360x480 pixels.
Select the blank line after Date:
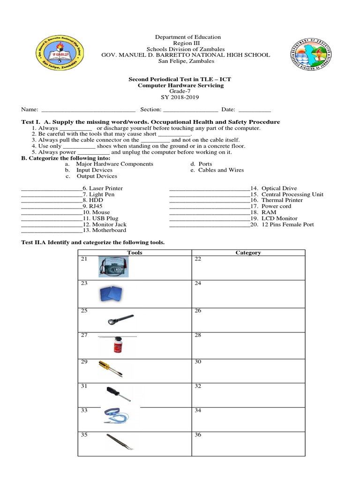point(255,110)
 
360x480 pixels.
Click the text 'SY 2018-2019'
point(180,97)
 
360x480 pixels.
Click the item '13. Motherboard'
point(104,231)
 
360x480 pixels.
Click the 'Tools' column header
point(135,253)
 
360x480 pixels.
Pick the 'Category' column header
point(248,253)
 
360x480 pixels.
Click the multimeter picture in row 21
point(113,267)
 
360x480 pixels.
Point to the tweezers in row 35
point(120,442)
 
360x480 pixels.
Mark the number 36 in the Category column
point(198,435)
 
